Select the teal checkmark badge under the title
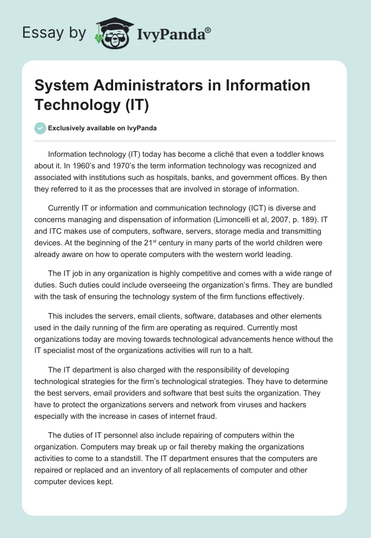pyautogui.click(x=40, y=128)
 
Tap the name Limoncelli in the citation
pyautogui.click(x=217, y=220)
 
